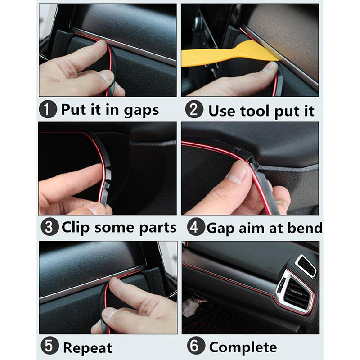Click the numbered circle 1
click(x=48, y=109)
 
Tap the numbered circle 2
click(x=194, y=109)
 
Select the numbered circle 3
click(x=49, y=227)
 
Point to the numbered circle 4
click(x=196, y=227)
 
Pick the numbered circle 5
click(x=49, y=346)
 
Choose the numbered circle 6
click(x=196, y=346)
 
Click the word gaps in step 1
click(x=141, y=111)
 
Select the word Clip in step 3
click(x=75, y=228)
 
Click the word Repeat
click(x=87, y=348)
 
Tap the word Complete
click(x=243, y=347)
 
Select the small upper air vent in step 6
click(x=306, y=265)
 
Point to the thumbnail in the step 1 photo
click(x=106, y=76)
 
